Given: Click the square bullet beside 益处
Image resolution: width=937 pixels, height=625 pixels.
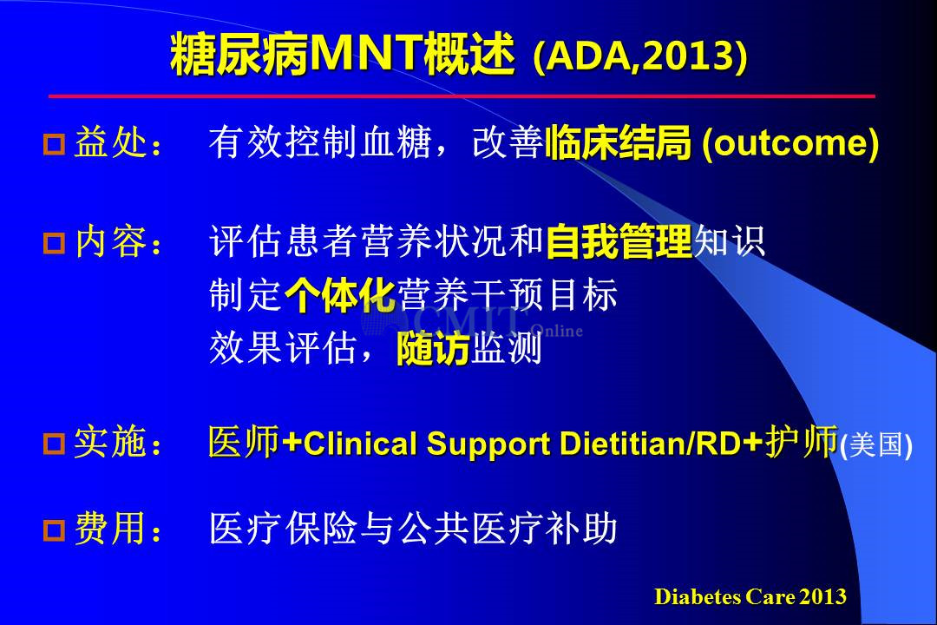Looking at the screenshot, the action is pyautogui.click(x=54, y=145).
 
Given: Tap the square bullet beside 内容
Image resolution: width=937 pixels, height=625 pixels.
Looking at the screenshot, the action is pyautogui.click(x=54, y=243).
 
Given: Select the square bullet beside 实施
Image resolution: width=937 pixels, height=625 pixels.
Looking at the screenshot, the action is pyautogui.click(x=54, y=444).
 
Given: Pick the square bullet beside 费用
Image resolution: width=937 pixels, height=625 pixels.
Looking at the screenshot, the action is pyautogui.click(x=54, y=530).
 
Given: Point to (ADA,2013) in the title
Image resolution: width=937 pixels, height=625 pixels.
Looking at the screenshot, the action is pyautogui.click(x=640, y=56).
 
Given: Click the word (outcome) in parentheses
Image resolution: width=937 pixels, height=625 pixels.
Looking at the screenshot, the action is pyautogui.click(x=790, y=143).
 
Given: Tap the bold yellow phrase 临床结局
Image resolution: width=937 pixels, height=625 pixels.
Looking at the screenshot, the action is pyautogui.click(x=618, y=142).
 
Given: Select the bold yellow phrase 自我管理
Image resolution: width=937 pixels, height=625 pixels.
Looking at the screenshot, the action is pyautogui.click(x=619, y=241).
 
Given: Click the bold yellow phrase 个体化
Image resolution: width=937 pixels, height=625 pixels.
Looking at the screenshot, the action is pyautogui.click(x=340, y=295).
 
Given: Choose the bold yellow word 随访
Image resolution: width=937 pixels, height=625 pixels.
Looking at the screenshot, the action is pyautogui.click(x=433, y=349).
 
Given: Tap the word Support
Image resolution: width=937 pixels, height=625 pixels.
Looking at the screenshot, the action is pyautogui.click(x=488, y=445).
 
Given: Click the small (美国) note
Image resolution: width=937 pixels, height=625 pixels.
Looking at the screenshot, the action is pyautogui.click(x=876, y=445).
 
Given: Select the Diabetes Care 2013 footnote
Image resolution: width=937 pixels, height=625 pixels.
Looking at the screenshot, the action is pyautogui.click(x=750, y=596).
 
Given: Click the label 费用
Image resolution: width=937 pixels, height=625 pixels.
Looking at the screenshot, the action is pyautogui.click(x=110, y=529).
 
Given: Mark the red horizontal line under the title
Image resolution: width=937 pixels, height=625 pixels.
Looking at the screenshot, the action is pyautogui.click(x=462, y=95).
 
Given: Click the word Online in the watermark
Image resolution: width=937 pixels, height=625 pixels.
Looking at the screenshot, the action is pyautogui.click(x=556, y=331).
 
